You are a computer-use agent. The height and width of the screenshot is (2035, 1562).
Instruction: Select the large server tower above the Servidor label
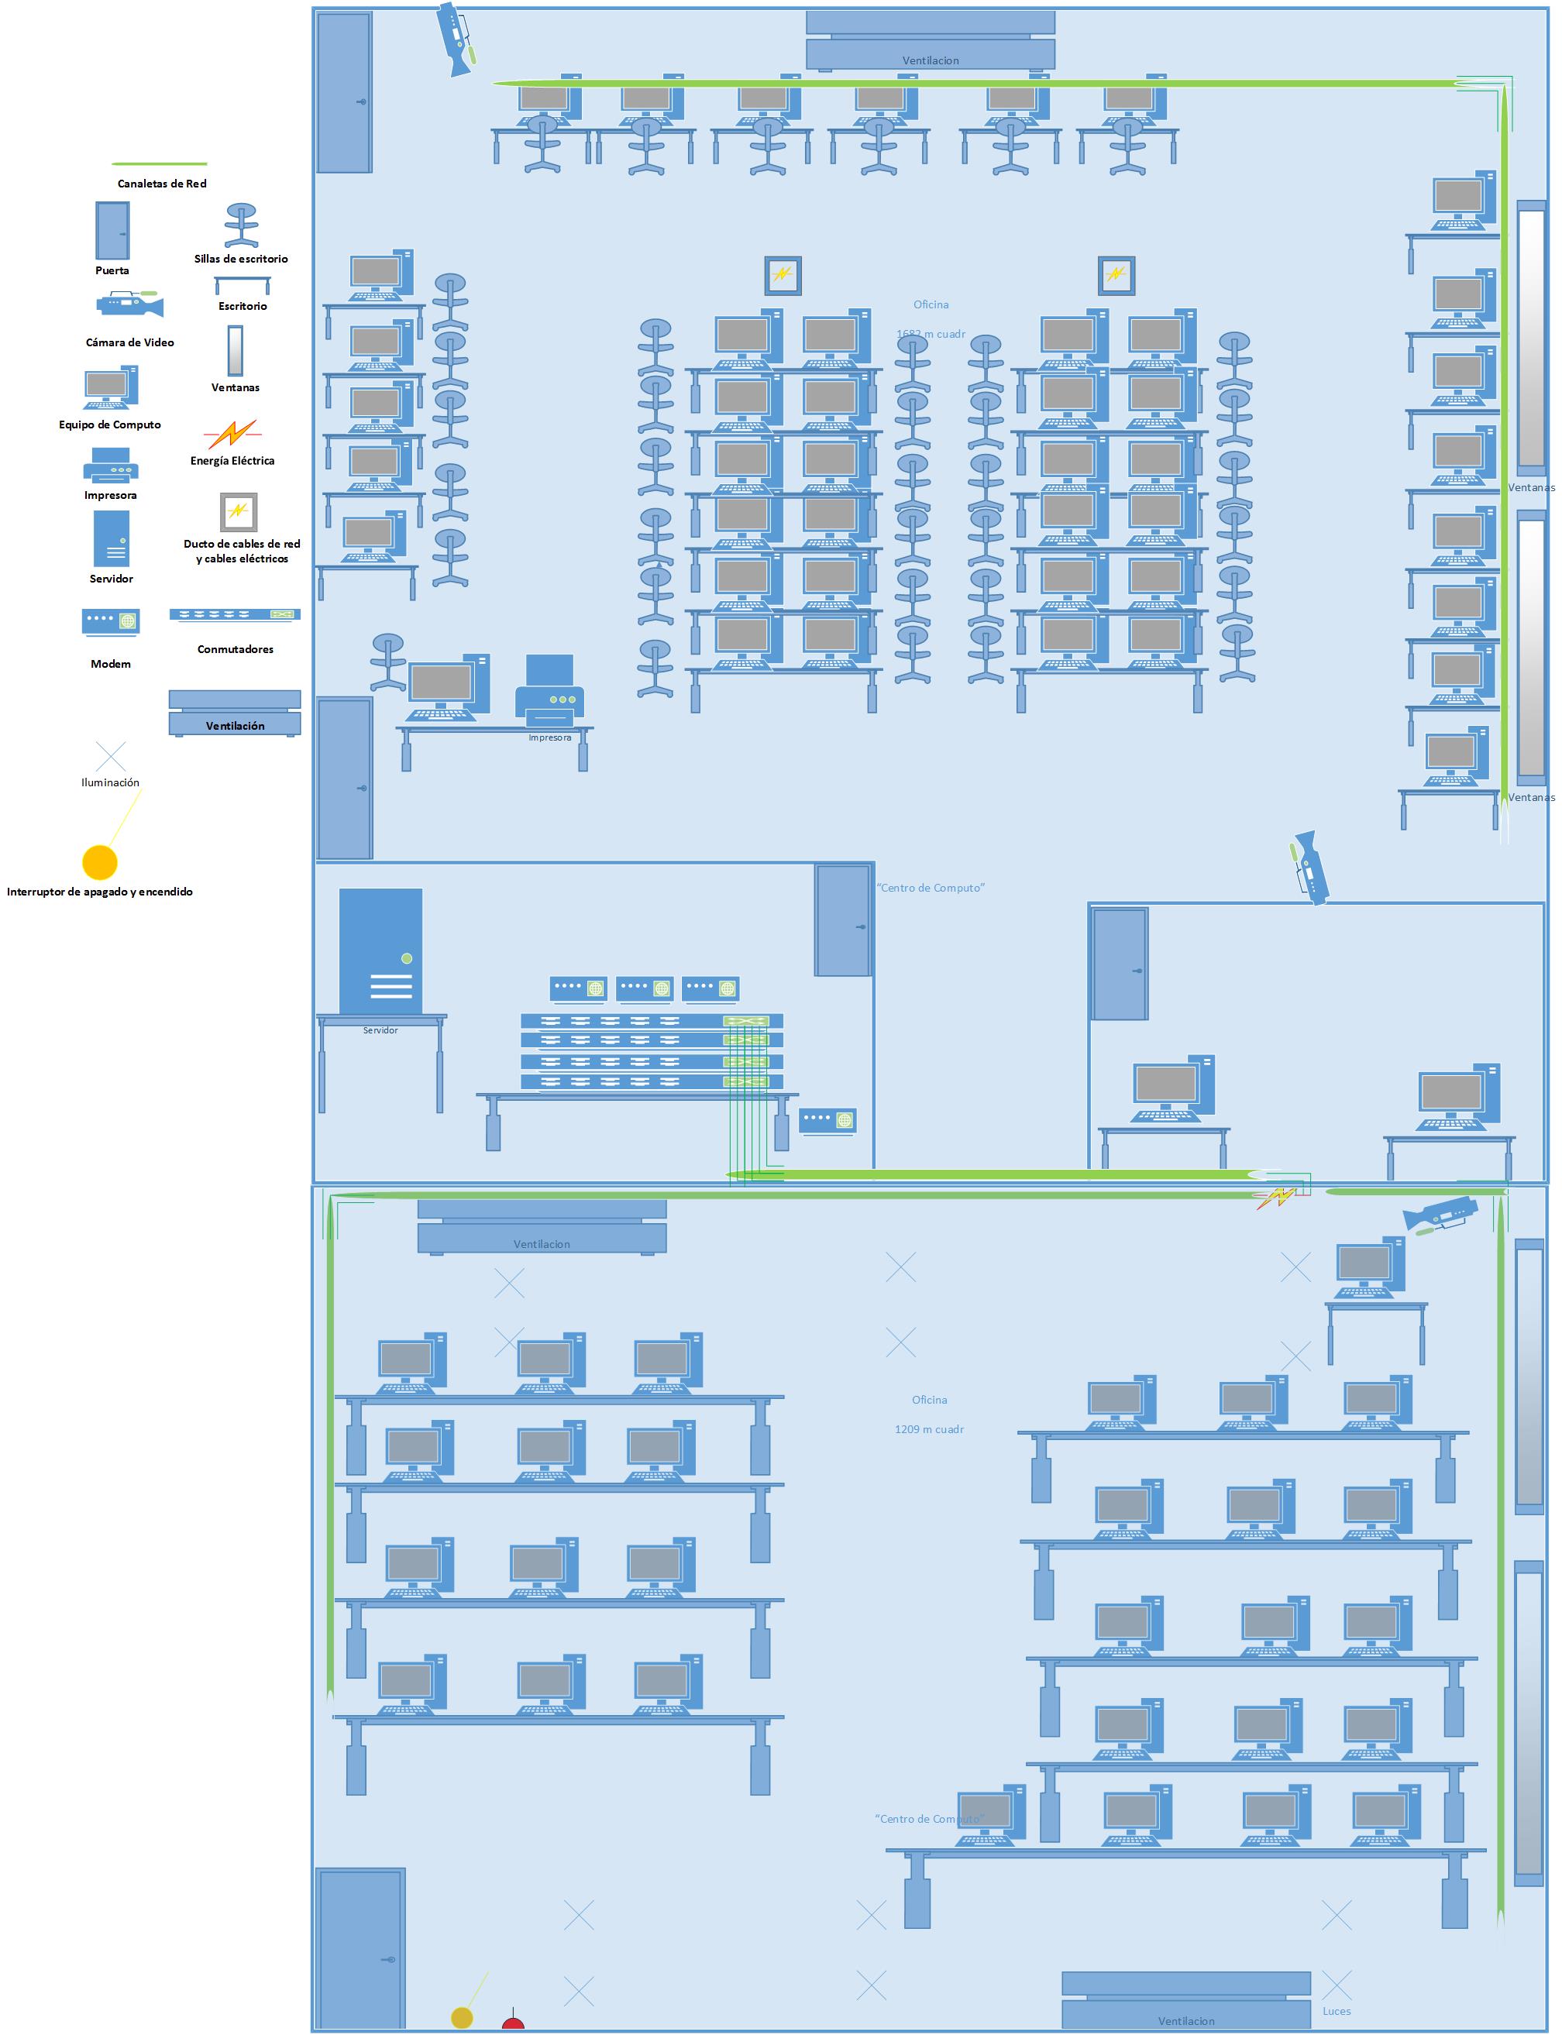[x=380, y=950]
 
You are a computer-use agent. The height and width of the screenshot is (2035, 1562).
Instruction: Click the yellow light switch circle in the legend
[x=99, y=861]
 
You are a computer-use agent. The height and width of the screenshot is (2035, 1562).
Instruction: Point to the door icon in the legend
[x=112, y=229]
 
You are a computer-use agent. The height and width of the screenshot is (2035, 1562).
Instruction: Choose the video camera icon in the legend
[x=129, y=304]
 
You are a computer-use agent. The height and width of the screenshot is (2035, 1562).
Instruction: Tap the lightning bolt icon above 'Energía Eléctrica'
[x=232, y=433]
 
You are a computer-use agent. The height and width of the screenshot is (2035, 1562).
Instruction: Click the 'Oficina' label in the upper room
[x=931, y=304]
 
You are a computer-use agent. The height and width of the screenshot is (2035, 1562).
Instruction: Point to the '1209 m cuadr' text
[x=929, y=1429]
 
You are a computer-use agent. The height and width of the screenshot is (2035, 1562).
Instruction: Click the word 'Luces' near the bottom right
[x=1336, y=2011]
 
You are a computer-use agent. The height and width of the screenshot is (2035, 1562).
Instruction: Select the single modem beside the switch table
[x=827, y=1119]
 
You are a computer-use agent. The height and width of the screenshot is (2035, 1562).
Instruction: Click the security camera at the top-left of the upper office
[x=457, y=39]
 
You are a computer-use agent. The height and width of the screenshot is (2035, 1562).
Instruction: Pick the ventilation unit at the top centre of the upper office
[x=930, y=41]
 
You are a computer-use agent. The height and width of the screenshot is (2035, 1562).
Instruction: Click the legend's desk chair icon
[x=242, y=226]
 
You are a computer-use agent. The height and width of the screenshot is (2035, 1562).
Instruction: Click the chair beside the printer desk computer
[x=387, y=661]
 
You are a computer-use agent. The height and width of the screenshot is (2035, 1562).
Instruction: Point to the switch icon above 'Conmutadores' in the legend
[x=234, y=614]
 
